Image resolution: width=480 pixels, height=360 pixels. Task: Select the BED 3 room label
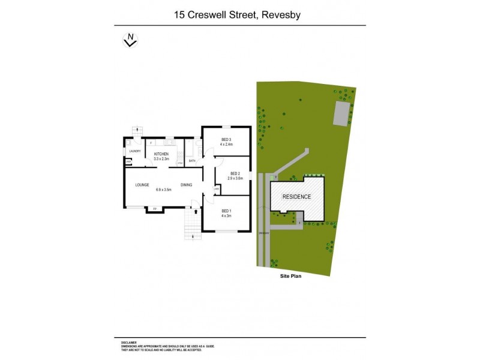pyautogui.click(x=226, y=139)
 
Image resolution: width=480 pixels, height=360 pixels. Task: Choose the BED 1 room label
pyautogui.click(x=226, y=211)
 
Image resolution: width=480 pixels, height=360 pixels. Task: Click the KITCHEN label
pyautogui.click(x=161, y=154)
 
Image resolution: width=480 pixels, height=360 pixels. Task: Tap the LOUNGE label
pyautogui.click(x=142, y=185)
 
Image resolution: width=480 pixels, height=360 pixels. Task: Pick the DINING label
pyautogui.click(x=186, y=185)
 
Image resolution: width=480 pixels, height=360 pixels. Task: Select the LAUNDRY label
pyautogui.click(x=134, y=151)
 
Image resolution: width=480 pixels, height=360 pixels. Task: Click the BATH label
pyautogui.click(x=192, y=161)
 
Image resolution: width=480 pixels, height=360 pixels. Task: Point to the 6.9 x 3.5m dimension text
pyautogui.click(x=164, y=190)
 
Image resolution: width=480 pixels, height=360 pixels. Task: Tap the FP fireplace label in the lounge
pyautogui.click(x=154, y=208)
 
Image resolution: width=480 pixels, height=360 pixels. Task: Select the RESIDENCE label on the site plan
pyautogui.click(x=296, y=197)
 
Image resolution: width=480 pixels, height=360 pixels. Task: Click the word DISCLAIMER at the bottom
pyautogui.click(x=128, y=342)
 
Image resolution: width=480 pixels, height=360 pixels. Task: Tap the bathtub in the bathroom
pyautogui.click(x=198, y=149)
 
